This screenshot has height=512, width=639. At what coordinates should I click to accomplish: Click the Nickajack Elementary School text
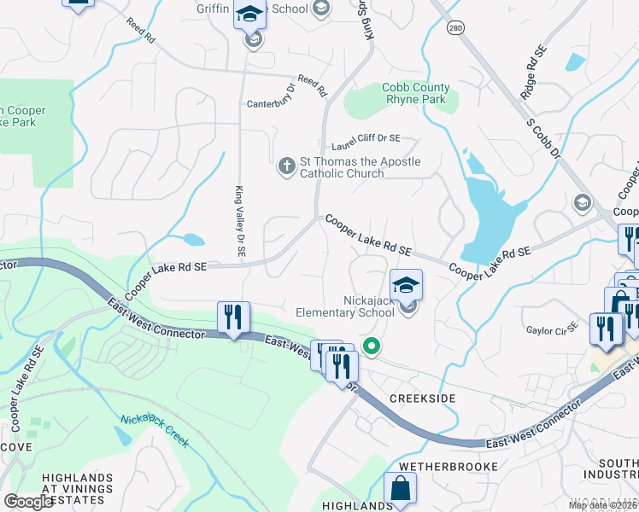pyautogui.click(x=345, y=306)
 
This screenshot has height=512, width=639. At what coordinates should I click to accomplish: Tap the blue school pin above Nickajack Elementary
pyautogui.click(x=407, y=284)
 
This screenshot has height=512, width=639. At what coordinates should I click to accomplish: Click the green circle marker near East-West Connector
pyautogui.click(x=371, y=346)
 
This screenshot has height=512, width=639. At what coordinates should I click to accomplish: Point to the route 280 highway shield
pyautogui.click(x=454, y=29)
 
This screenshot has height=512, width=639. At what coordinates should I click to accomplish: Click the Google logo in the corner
pyautogui.click(x=28, y=502)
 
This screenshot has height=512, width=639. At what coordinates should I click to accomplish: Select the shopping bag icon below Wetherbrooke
pyautogui.click(x=400, y=490)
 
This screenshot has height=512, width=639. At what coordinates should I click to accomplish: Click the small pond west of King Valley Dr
pyautogui.click(x=193, y=240)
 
